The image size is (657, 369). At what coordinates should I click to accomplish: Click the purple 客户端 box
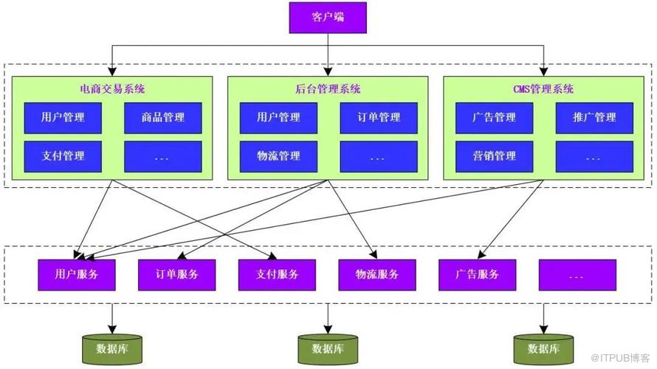click(x=328, y=17)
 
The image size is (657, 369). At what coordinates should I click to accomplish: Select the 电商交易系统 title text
click(x=112, y=89)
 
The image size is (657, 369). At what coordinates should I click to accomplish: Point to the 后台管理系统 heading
click(x=328, y=89)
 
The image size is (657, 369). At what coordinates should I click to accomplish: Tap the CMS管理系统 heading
click(x=543, y=89)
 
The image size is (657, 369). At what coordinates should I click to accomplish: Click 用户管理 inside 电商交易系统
click(x=63, y=118)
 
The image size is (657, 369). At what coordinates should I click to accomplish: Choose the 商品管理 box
click(x=163, y=118)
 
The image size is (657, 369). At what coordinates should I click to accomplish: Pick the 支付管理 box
click(x=63, y=156)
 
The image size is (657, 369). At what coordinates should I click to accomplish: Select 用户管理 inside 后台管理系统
click(x=278, y=118)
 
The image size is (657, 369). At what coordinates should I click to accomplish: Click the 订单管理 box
click(x=379, y=118)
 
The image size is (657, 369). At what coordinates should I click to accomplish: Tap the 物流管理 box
click(x=278, y=156)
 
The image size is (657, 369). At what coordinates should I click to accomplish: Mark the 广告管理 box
click(x=494, y=118)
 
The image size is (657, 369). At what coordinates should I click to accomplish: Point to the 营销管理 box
click(x=494, y=156)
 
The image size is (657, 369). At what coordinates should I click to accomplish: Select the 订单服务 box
click(x=176, y=274)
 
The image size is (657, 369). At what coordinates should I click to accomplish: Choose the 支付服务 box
click(x=277, y=274)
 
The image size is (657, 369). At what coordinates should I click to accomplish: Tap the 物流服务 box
click(x=376, y=274)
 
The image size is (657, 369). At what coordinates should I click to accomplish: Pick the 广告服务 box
click(x=477, y=274)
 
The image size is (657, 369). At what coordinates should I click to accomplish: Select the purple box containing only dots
click(x=577, y=274)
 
